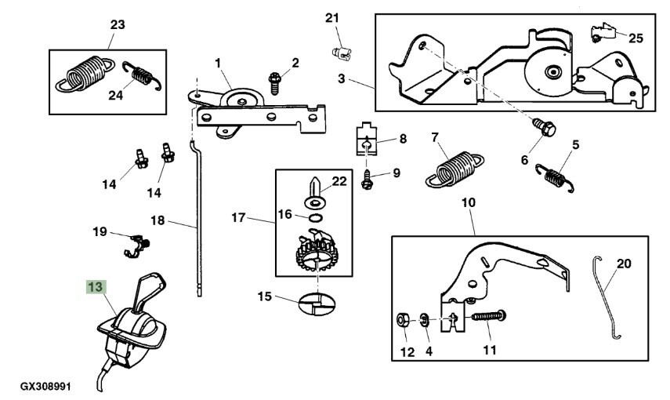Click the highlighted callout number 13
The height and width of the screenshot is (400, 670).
click(x=95, y=288)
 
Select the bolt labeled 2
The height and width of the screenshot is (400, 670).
click(x=274, y=80)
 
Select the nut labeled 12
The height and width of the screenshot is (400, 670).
click(x=400, y=320)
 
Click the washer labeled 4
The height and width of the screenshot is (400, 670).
click(x=424, y=320)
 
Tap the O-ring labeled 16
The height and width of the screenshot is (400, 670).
click(x=315, y=217)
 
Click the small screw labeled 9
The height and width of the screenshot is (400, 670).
click(x=367, y=179)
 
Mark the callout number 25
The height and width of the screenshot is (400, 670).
click(x=636, y=38)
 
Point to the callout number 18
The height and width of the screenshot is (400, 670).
click(x=158, y=221)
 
